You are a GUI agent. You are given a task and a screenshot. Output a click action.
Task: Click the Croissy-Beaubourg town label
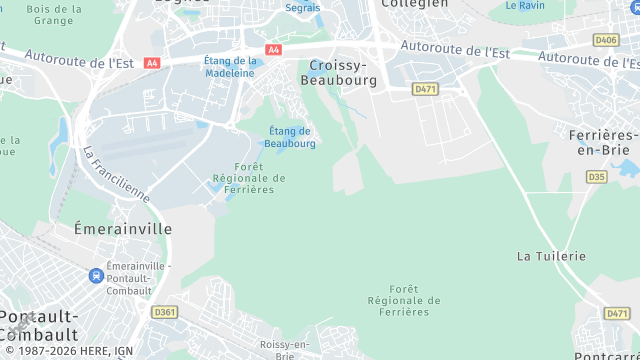coord(342,72)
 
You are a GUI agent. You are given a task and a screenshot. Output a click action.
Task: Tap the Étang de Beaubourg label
coord(290,137)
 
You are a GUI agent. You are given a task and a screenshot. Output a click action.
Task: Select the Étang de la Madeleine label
coord(230,66)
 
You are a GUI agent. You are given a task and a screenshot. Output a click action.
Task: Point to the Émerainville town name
coord(123,229)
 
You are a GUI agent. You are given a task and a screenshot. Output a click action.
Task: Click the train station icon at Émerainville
coord(95,274)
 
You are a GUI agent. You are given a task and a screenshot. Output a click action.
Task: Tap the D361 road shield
coord(165,312)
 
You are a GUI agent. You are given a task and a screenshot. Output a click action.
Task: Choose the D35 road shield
coord(597,177)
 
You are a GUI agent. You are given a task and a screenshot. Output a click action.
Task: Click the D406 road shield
coord(606,40)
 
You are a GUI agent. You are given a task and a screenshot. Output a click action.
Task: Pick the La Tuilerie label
coord(551,256)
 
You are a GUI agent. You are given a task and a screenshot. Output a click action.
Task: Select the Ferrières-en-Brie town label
coord(602,142)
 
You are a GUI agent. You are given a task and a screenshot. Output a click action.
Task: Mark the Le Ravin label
coord(524,5)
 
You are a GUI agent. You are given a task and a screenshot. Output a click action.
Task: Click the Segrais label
coord(303,6)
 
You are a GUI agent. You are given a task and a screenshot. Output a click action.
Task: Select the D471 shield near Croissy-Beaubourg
coord(426,89)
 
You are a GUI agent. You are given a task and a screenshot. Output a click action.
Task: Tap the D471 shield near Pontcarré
coord(617,313)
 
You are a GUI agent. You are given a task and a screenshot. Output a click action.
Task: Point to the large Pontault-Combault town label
coord(38,323)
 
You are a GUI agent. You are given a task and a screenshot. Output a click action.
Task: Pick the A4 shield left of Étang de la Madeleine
coord(152,62)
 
